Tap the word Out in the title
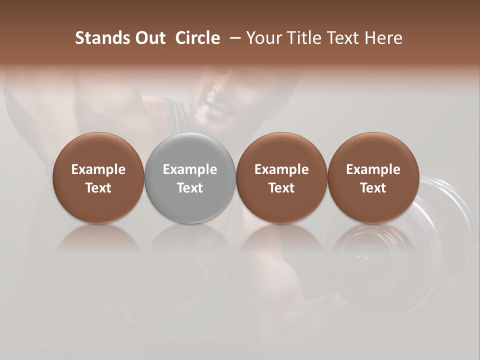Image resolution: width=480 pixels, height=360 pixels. (x=149, y=38)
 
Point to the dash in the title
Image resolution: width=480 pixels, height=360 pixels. (x=234, y=38)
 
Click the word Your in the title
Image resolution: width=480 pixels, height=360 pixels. (x=263, y=38)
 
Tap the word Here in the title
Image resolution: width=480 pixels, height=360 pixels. (x=384, y=38)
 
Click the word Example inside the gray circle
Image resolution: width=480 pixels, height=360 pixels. (x=190, y=169)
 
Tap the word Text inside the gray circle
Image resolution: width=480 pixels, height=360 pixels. (x=190, y=188)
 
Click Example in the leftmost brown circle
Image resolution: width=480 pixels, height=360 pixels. (x=98, y=169)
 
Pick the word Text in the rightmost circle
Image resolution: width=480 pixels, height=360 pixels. (x=373, y=188)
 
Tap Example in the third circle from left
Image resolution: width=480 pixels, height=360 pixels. (x=281, y=169)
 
